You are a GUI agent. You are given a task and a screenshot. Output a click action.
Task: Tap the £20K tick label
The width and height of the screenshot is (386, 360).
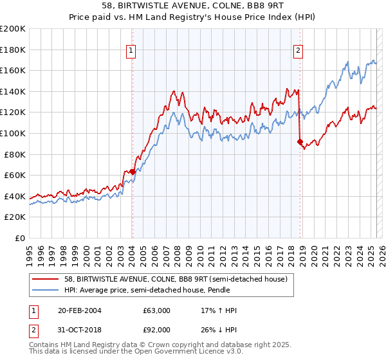(x=15, y=217)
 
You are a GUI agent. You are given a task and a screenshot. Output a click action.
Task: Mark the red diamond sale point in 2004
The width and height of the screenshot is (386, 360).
(x=132, y=172)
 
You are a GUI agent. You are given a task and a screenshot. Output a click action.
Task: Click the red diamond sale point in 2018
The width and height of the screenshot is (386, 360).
(x=300, y=141)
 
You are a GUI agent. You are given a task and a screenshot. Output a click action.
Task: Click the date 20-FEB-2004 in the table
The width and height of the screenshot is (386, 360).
(x=80, y=310)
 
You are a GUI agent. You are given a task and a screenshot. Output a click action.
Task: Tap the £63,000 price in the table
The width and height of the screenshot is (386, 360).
(x=157, y=310)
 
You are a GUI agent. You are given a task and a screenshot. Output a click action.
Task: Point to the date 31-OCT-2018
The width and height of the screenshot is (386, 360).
(x=80, y=330)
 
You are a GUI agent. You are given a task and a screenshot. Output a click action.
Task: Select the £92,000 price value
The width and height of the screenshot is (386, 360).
(x=157, y=330)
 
